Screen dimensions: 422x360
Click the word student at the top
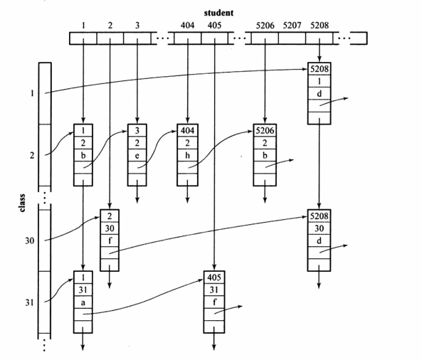click(x=218, y=13)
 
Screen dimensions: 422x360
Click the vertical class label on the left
click(x=22, y=203)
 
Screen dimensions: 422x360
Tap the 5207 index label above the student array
click(x=292, y=26)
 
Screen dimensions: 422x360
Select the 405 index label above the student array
click(x=214, y=26)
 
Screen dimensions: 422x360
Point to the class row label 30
click(x=30, y=240)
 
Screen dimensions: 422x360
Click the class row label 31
click(x=30, y=302)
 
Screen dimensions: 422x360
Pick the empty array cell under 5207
click(x=292, y=38)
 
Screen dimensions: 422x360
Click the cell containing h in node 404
click(x=188, y=156)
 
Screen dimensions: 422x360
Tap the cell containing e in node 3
click(x=137, y=156)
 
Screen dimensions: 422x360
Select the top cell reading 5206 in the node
click(x=265, y=131)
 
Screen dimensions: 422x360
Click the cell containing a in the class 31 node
click(x=83, y=302)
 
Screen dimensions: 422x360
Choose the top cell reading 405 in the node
click(x=214, y=277)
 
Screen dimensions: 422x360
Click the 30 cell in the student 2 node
click(x=110, y=228)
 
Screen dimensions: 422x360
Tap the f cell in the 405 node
click(x=214, y=302)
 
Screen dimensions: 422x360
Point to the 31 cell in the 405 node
click(x=214, y=290)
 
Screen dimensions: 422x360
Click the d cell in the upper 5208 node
click(x=320, y=94)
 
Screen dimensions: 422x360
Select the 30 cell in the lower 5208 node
click(x=320, y=228)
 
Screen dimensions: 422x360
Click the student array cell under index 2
click(x=110, y=38)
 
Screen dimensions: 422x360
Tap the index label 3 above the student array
click(x=137, y=26)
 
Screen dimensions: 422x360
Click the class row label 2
click(x=32, y=156)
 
